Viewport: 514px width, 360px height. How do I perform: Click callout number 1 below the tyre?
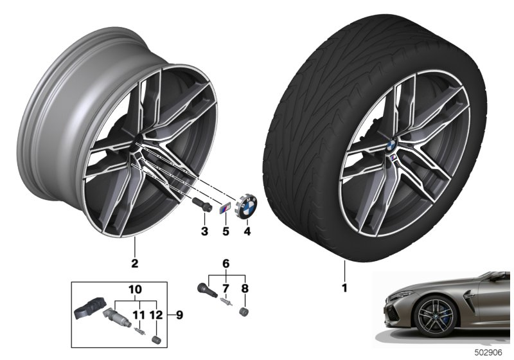pyautogui.click(x=344, y=288)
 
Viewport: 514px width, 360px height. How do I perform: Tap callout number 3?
pyautogui.click(x=204, y=230)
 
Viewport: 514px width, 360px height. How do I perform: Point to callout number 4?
pyautogui.click(x=247, y=230)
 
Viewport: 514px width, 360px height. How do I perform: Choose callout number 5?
pyautogui.click(x=226, y=230)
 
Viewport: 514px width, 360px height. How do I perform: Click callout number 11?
pyautogui.click(x=136, y=315)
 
